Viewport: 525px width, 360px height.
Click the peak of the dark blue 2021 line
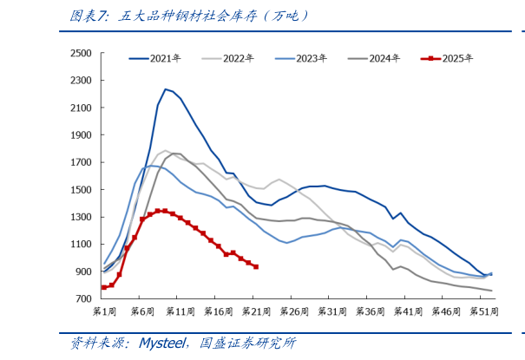click(165, 88)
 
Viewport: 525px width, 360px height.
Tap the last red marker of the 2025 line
click(255, 266)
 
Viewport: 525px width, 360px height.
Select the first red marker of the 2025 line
click(104, 287)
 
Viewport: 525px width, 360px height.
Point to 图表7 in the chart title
click(85, 16)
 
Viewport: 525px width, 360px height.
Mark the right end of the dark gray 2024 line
click(491, 291)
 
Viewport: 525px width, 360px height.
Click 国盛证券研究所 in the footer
click(249, 344)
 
